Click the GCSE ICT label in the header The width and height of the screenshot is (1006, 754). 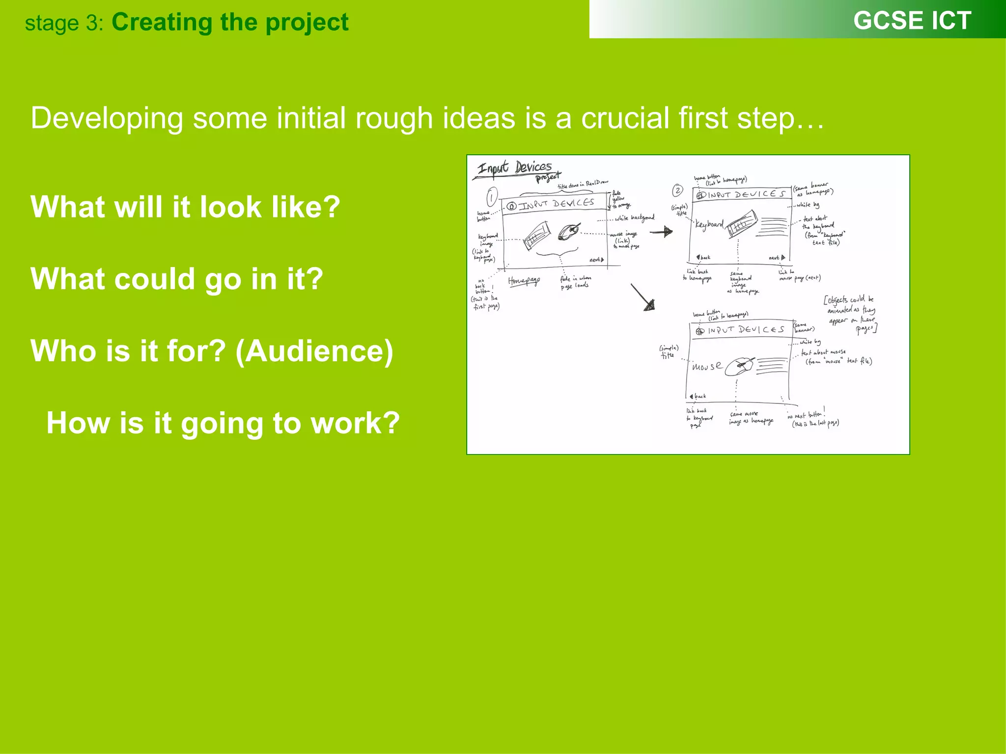pyautogui.click(x=912, y=21)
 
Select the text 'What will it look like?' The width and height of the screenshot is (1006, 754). pyautogui.click(x=185, y=207)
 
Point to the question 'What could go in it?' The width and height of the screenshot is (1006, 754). pyautogui.click(x=177, y=279)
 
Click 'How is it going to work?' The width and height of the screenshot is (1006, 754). pyautogui.click(x=223, y=423)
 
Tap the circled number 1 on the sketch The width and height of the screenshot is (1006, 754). pyautogui.click(x=492, y=197)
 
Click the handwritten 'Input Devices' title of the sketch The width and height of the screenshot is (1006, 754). pyautogui.click(x=515, y=168)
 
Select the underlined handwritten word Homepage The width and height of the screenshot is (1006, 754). pyautogui.click(x=524, y=281)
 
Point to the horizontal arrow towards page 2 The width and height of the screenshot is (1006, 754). pyautogui.click(x=661, y=231)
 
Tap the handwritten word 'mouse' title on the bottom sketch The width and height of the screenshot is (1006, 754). pyautogui.click(x=707, y=366)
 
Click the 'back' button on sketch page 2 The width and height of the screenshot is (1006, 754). pyautogui.click(x=703, y=257)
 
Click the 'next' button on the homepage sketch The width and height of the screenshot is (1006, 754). pyautogui.click(x=596, y=260)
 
